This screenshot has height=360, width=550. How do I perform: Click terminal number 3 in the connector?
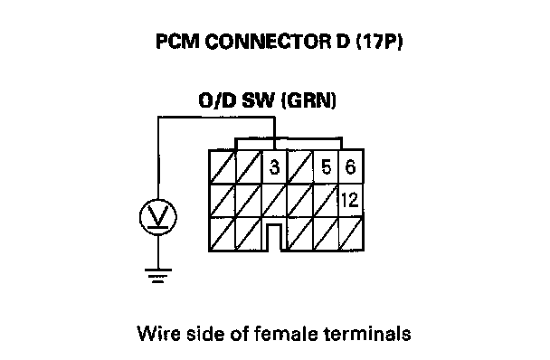click(x=275, y=166)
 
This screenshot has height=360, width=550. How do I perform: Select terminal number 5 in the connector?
click(x=327, y=166)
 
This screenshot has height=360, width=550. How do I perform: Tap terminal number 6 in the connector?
click(x=350, y=166)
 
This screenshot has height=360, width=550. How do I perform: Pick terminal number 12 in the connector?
click(x=350, y=200)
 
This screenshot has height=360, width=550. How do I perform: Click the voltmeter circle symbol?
click(x=157, y=217)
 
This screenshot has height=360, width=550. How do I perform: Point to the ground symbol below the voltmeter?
click(x=157, y=276)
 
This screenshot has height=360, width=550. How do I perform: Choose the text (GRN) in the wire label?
click(x=308, y=100)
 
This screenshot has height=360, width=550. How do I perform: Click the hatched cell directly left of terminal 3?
click(x=249, y=166)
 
